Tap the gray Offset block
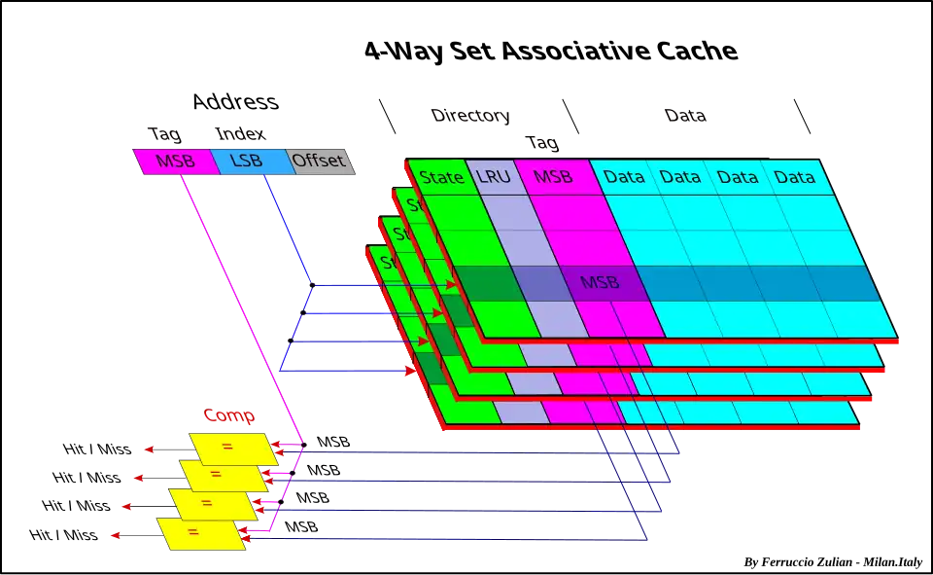320,162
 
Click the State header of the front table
441,177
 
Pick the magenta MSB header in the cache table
553,177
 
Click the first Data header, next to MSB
624,177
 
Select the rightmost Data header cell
795,177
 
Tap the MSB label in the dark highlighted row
599,283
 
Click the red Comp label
228,416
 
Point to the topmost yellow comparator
233,449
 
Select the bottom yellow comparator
201,533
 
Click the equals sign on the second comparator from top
216,475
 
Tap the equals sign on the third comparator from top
206,504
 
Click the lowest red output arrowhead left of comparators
116,535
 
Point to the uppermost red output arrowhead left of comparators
149,449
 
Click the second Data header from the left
680,177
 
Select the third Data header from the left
738,177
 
